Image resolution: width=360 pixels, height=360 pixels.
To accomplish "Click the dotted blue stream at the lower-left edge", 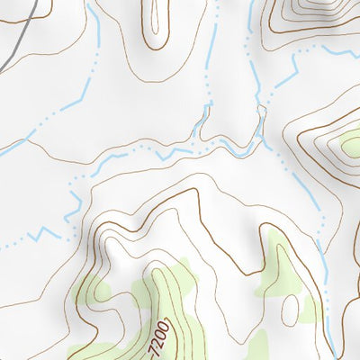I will (9, 245).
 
